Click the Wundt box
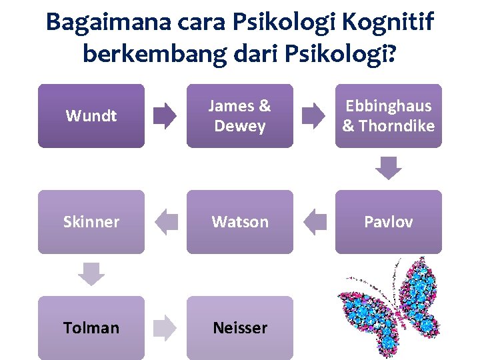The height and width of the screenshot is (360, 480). click(x=91, y=115)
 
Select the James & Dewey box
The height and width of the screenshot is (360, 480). click(x=240, y=115)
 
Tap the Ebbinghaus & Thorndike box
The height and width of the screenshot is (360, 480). click(x=388, y=115)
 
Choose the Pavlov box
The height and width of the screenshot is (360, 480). click(x=388, y=221)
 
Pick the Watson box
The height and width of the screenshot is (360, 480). click(x=240, y=221)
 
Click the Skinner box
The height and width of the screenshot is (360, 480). click(x=91, y=221)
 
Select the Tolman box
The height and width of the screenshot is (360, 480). click(x=91, y=327)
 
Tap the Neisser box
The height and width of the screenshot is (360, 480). click(x=240, y=327)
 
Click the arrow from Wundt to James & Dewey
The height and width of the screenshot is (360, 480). click(x=165, y=116)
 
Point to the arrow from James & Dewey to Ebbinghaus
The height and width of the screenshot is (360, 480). click(x=314, y=116)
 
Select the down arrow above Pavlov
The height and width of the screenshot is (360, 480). click(x=389, y=168)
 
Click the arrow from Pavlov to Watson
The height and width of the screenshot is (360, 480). click(x=314, y=222)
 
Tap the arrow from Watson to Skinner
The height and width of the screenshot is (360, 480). click(x=165, y=222)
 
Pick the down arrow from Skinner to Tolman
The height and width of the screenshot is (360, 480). click(x=92, y=274)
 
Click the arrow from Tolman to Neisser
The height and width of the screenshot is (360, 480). click(x=165, y=328)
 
